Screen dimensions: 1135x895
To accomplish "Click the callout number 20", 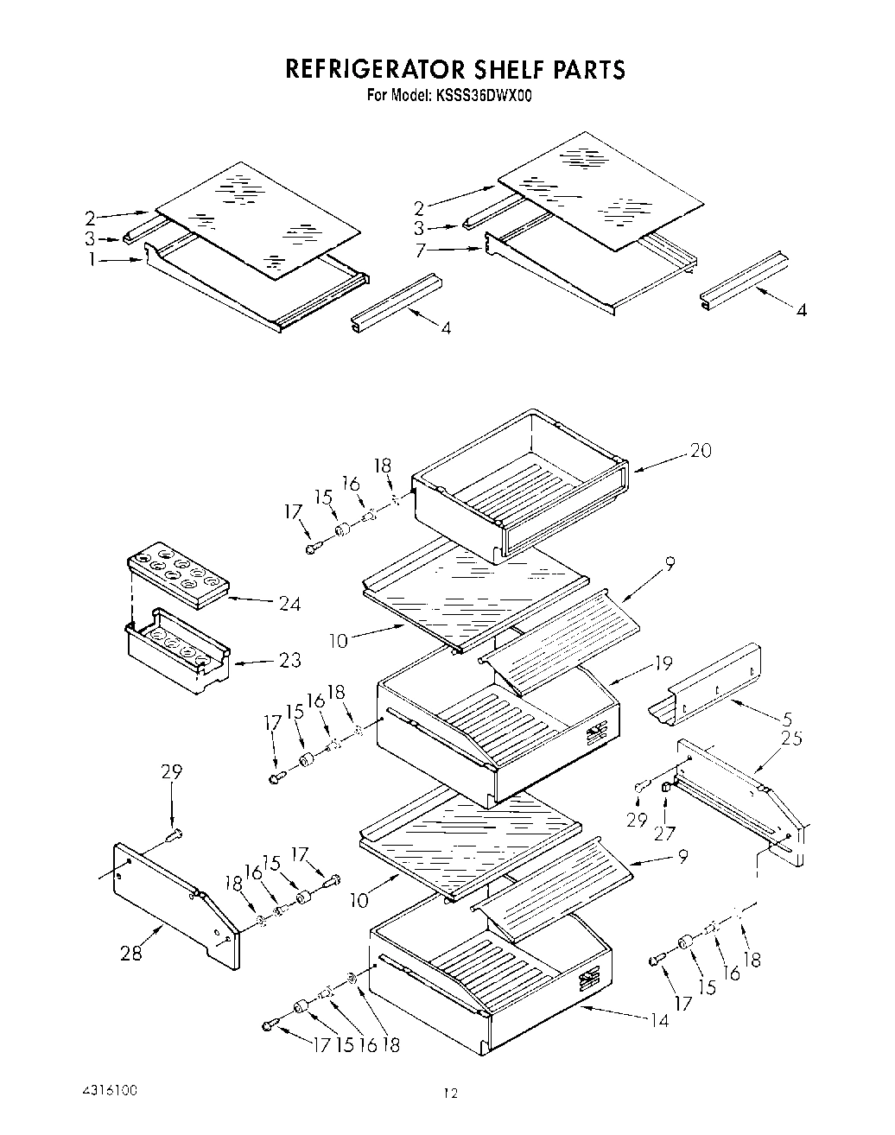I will coord(701,450).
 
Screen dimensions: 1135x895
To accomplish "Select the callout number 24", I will coord(289,604).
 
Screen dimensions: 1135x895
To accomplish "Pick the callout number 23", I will coord(289,661).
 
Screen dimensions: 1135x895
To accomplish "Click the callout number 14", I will coord(659,1020).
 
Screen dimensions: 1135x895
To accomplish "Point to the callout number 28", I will coord(131,953).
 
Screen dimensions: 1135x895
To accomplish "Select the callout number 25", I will coord(790,739).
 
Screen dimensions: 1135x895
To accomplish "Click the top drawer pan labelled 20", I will coord(518,492).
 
